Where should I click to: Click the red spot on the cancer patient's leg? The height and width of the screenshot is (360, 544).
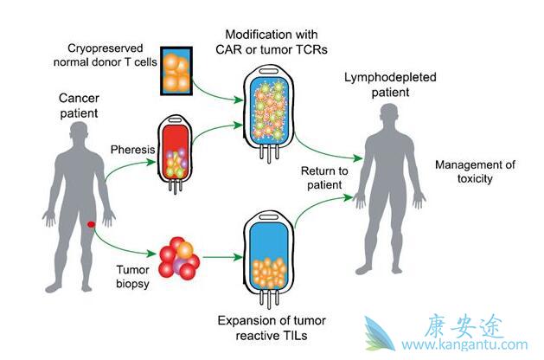pos(91,225)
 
